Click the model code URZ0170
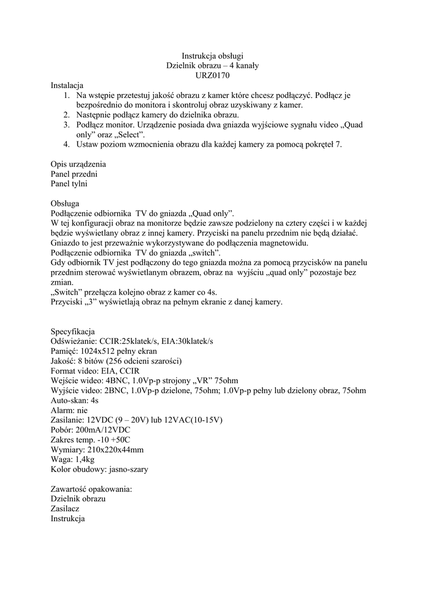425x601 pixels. [212, 75]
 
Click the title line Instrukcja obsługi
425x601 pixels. [212, 56]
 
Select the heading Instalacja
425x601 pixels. [67, 85]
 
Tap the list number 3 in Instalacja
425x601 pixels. [66, 125]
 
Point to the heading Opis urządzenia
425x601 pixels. [78, 164]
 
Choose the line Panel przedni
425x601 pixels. [74, 174]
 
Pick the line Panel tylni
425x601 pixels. [69, 184]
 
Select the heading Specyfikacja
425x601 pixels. [73, 331]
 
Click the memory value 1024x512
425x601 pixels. [100, 351]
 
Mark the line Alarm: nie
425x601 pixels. [69, 410]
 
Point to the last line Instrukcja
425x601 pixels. [68, 519]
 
